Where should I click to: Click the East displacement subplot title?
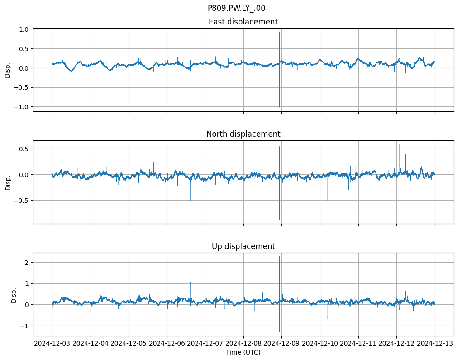click(x=243, y=22)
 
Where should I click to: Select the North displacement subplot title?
click(x=243, y=134)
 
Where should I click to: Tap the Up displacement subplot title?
click(x=243, y=246)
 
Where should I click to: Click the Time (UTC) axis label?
click(x=243, y=352)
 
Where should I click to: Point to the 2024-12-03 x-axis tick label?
click(x=52, y=344)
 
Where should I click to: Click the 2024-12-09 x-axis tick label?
click(x=281, y=344)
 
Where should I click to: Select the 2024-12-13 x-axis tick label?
click(x=435, y=344)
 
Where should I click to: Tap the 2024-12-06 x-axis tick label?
click(x=167, y=344)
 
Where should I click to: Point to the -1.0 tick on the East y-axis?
click(x=22, y=107)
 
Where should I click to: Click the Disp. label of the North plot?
click(x=8, y=182)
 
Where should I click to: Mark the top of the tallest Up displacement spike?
click(x=280, y=257)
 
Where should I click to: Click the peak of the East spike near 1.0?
click(x=280, y=32)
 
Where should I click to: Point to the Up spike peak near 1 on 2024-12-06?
click(x=191, y=282)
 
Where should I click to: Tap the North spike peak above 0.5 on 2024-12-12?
click(x=400, y=144)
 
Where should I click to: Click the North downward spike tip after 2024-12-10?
click(x=328, y=200)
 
